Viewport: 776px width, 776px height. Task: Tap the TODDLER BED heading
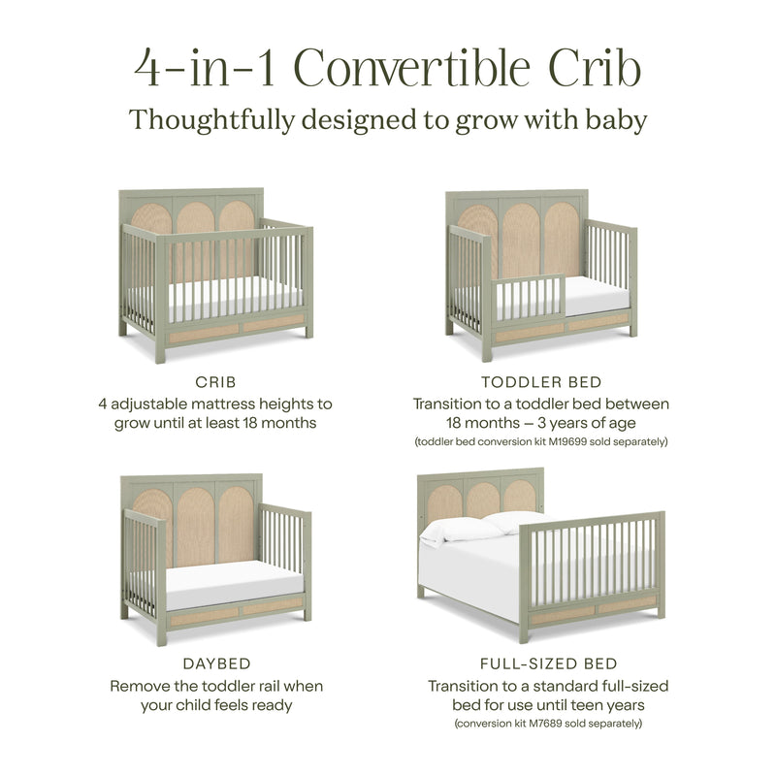(x=541, y=382)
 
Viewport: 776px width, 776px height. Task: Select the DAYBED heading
(x=216, y=664)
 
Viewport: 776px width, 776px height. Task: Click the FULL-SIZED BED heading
(x=548, y=664)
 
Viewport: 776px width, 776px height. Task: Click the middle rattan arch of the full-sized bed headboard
(x=481, y=497)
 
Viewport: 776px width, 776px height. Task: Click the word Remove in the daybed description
(x=142, y=686)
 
